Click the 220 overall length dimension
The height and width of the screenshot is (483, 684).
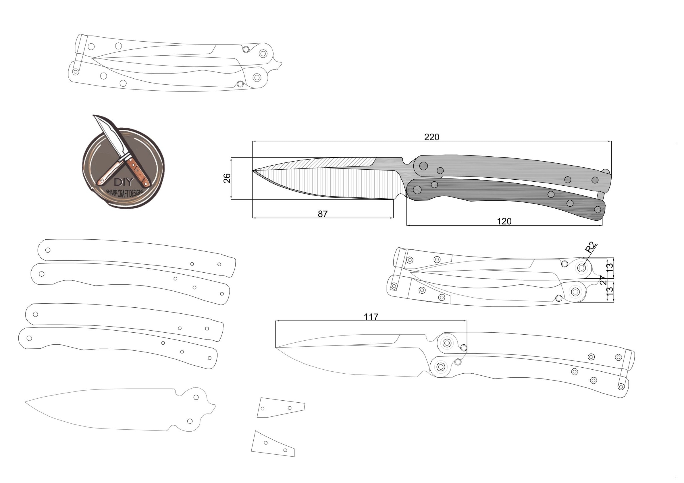coord(431,137)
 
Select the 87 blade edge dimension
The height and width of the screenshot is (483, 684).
coord(323,214)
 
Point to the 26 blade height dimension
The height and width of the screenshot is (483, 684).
coord(227,178)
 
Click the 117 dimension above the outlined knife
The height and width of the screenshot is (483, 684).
coord(371,317)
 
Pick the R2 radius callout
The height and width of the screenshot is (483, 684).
coord(590,248)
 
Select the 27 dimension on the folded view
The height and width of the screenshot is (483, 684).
coord(603,280)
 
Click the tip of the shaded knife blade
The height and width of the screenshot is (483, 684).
coord(253,171)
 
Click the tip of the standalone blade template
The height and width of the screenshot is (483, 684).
coord(26,402)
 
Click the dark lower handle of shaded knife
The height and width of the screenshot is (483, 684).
coord(506,196)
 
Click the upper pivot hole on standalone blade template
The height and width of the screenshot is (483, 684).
coord(196,397)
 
